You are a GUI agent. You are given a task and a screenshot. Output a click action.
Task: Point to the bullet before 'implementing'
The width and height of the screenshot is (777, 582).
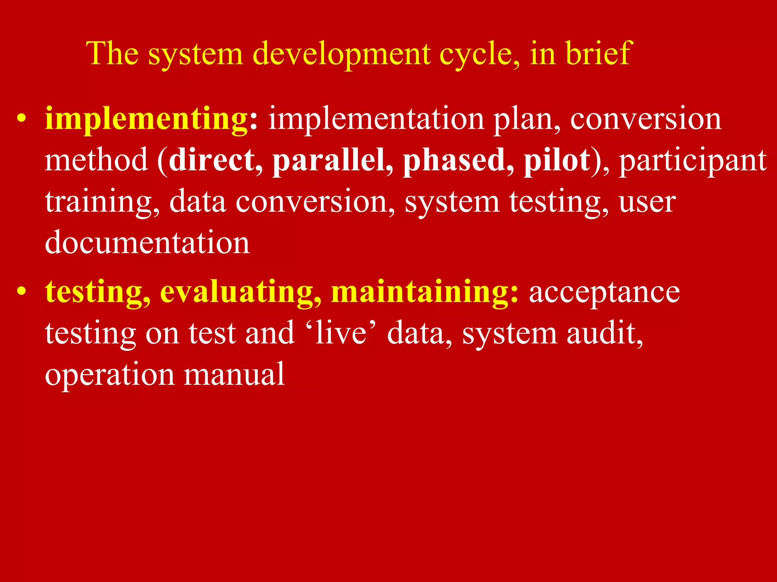(22, 119)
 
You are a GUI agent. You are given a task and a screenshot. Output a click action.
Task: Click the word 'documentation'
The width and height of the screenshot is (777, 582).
(147, 242)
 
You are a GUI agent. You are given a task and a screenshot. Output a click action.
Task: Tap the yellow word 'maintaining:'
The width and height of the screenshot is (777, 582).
(425, 293)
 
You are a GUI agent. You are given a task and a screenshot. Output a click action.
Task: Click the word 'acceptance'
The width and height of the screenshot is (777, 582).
(604, 293)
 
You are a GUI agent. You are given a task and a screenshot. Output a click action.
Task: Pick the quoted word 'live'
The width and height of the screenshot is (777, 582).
(341, 333)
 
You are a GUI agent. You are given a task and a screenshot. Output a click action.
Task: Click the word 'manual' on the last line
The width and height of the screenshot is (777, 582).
(234, 374)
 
